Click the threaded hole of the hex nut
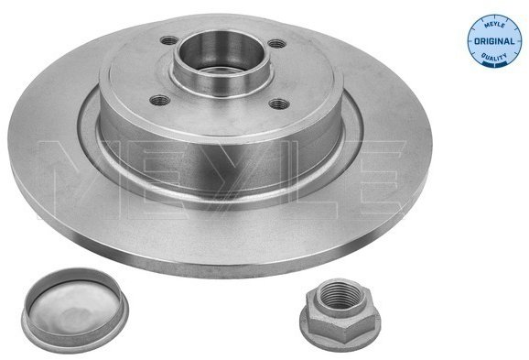[x=340, y=295]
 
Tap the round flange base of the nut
[x=340, y=333]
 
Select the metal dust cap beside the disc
[x=75, y=310]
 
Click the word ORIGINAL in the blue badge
[x=494, y=41]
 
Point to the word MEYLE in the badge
[x=494, y=26]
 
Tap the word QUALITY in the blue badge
[x=494, y=57]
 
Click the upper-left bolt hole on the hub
[x=169, y=41]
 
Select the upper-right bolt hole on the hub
[x=277, y=44]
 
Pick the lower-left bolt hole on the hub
[x=159, y=100]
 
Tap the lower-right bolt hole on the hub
[x=279, y=104]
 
